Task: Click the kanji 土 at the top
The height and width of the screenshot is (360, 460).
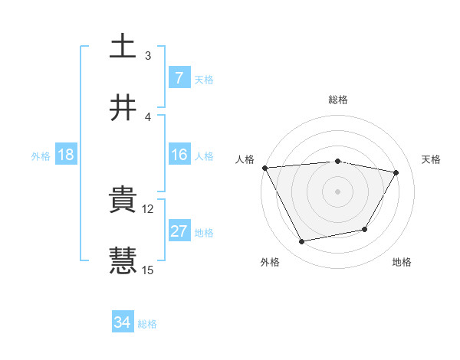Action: pos(123,47)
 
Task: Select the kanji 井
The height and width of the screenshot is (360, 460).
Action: pos(123,109)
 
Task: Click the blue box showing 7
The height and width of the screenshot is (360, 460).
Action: pos(179,77)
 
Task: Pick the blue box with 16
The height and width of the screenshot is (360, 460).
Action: pos(179,155)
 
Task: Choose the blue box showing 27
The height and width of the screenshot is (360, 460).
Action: pos(179,231)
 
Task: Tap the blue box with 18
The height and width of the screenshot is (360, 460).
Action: pos(66,155)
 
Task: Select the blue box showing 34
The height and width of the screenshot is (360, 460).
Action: pos(122,322)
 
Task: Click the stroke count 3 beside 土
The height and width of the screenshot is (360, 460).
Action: pos(148,55)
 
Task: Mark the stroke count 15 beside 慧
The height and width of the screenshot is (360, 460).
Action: pos(149,270)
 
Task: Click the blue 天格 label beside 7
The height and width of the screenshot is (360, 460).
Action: pos(204,79)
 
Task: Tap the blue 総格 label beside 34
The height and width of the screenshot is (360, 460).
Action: pos(147,324)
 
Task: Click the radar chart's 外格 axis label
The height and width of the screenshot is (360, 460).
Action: pos(270,262)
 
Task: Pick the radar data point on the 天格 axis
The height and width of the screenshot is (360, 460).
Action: pos(396,172)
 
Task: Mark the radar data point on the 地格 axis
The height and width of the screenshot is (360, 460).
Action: pos(365,229)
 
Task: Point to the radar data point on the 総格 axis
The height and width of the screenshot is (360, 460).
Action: pos(337,161)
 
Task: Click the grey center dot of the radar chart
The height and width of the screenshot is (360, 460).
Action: pos(337,191)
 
